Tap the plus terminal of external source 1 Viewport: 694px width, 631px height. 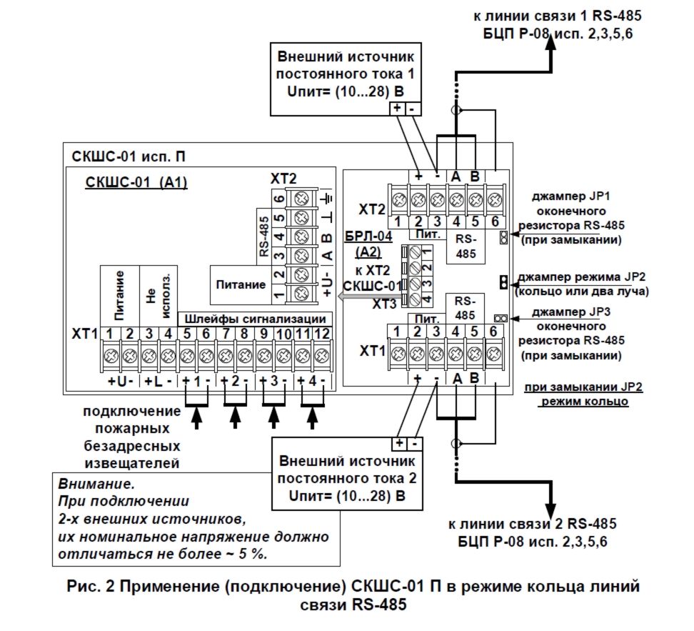[x=396, y=109]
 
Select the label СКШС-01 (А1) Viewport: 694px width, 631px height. [x=136, y=183]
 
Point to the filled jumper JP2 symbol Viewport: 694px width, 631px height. [x=503, y=282]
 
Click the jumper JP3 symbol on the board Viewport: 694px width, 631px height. [x=501, y=317]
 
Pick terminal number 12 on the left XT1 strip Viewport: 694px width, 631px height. [x=323, y=333]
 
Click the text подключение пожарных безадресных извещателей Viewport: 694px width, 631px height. [x=130, y=438]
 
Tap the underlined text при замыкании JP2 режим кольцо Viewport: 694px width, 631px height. [x=583, y=394]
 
